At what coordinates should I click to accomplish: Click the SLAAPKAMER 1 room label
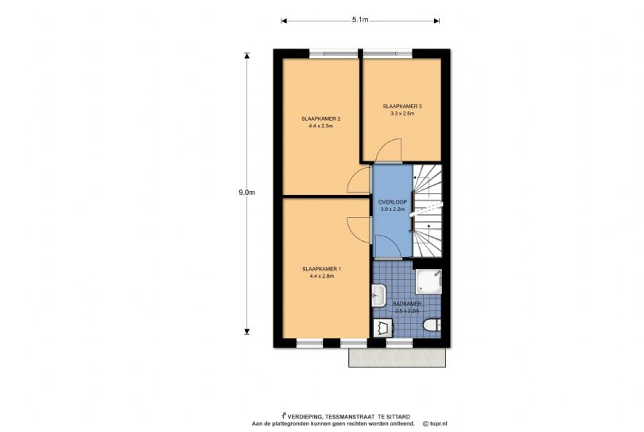pyautogui.click(x=321, y=269)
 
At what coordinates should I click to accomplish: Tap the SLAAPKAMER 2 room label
pyautogui.click(x=321, y=119)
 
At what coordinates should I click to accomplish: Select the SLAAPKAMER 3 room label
pyautogui.click(x=402, y=106)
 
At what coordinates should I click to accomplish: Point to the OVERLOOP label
pyautogui.click(x=393, y=202)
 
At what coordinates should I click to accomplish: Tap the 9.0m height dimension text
pyautogui.click(x=246, y=193)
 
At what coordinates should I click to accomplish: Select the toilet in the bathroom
pyautogui.click(x=430, y=326)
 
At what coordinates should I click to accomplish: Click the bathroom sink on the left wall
pyautogui.click(x=378, y=296)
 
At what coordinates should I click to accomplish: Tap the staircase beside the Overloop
pyautogui.click(x=427, y=210)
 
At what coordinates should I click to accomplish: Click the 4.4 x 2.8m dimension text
pyautogui.click(x=321, y=276)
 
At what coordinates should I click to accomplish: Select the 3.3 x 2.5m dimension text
pyautogui.click(x=402, y=114)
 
